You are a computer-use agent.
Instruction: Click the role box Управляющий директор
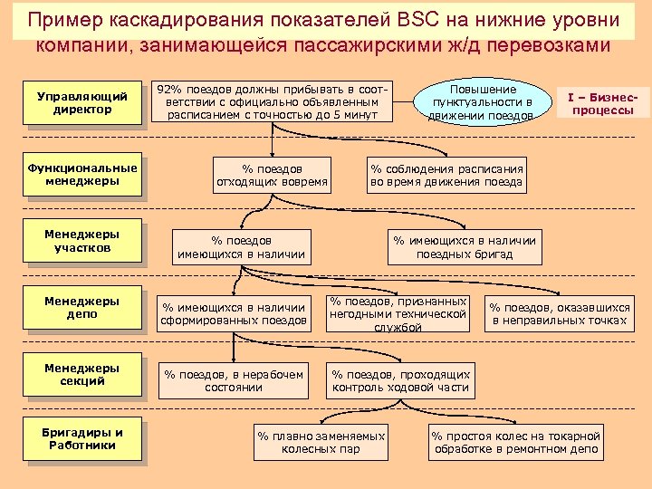(x=81, y=102)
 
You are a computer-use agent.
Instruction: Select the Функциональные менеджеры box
(x=82, y=174)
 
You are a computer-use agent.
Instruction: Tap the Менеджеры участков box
(x=82, y=241)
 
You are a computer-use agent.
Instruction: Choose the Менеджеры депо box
(x=82, y=308)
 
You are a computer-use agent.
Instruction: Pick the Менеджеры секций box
(x=82, y=375)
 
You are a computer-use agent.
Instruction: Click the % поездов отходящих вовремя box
(x=273, y=175)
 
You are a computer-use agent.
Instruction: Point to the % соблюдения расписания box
(x=446, y=175)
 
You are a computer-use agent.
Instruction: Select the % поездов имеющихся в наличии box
(x=241, y=247)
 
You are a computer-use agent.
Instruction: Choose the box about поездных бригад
(x=464, y=247)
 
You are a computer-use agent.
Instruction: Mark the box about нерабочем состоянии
(x=232, y=379)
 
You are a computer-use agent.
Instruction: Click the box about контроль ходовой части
(x=401, y=380)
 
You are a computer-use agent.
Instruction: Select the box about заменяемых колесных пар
(x=321, y=442)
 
